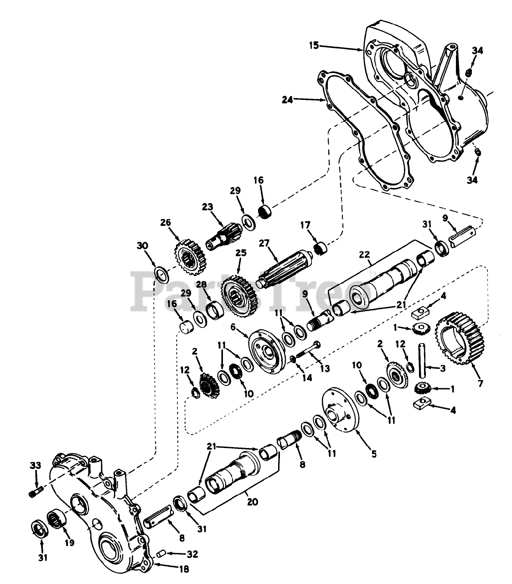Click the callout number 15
[x=313, y=46]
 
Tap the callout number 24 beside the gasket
[x=288, y=98]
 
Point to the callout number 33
[x=35, y=465]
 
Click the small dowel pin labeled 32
[x=160, y=554]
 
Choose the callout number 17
[x=305, y=225]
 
